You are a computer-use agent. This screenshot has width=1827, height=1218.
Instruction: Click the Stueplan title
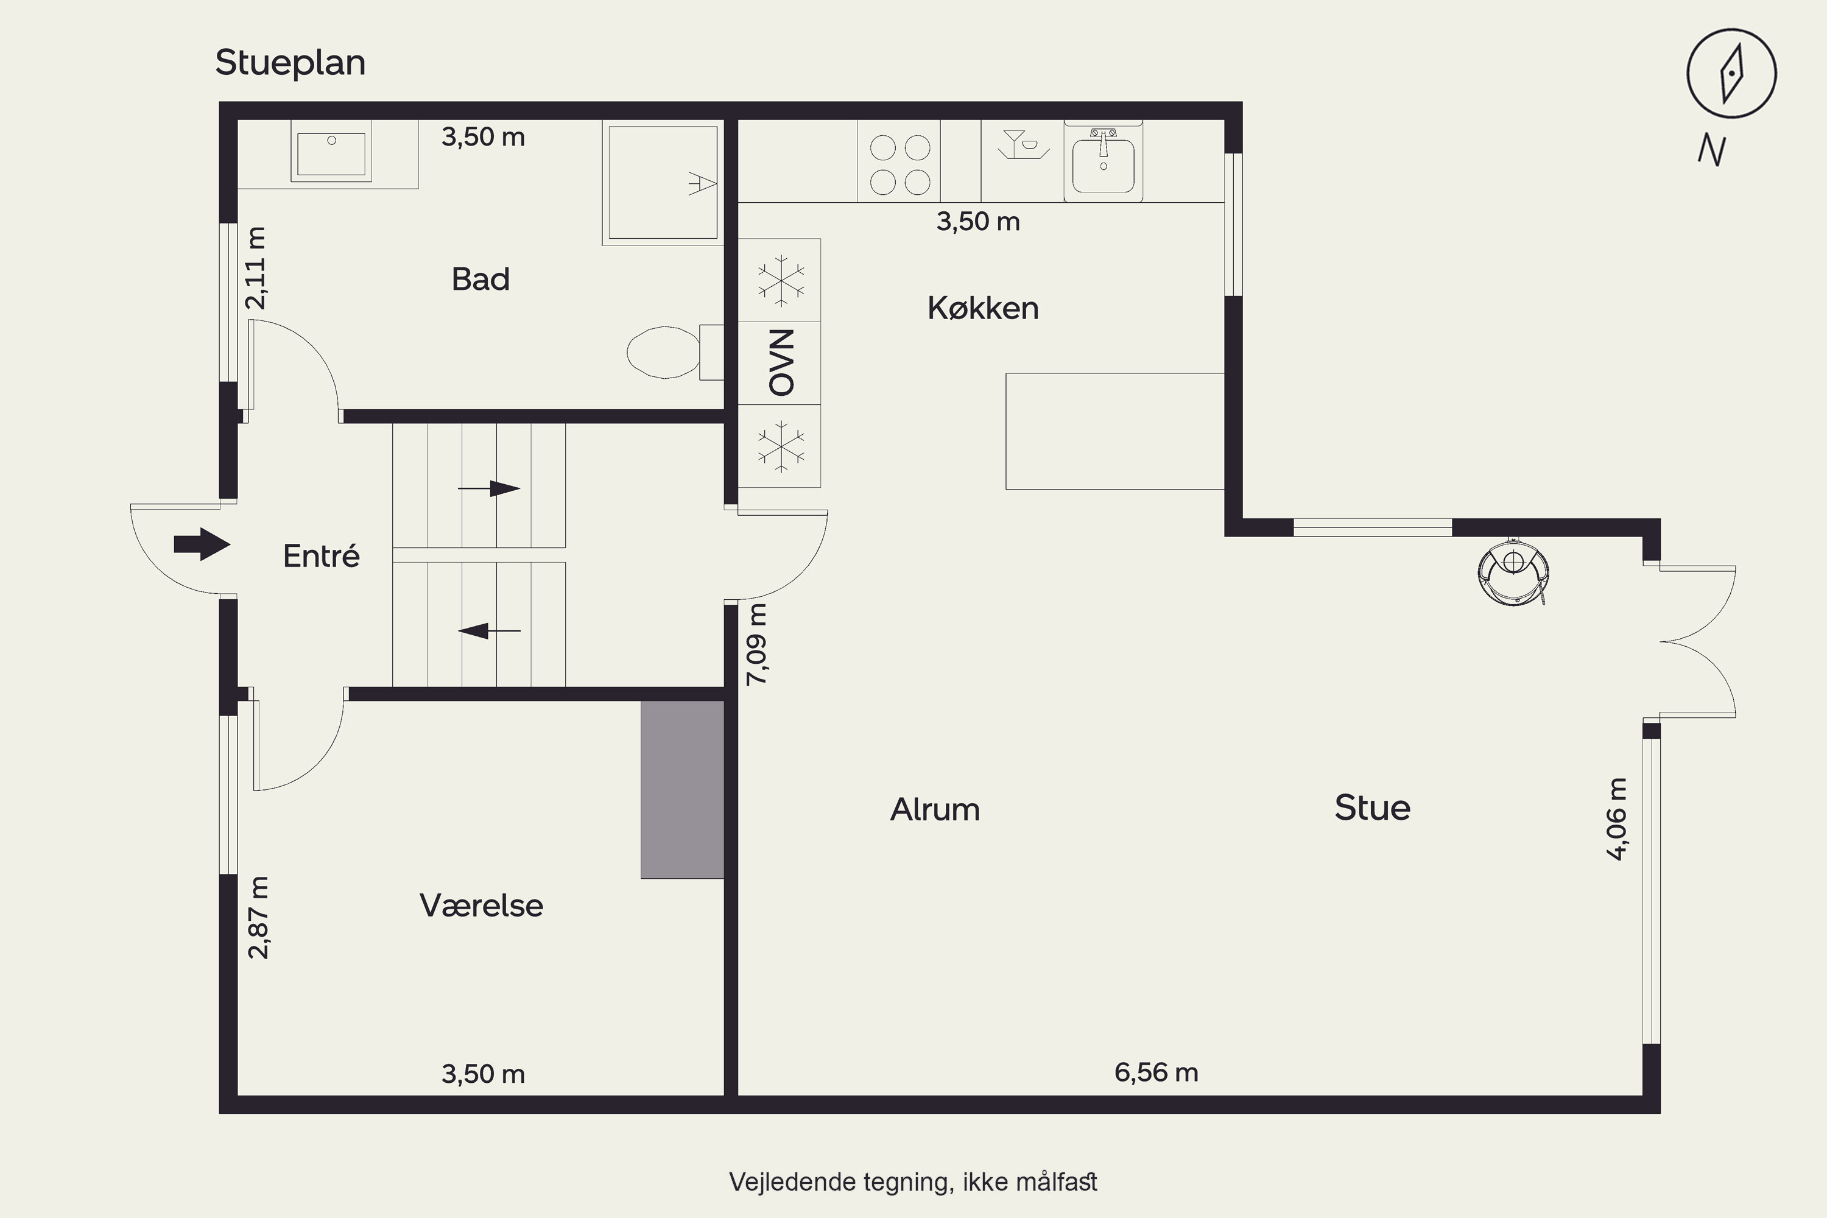[x=290, y=63]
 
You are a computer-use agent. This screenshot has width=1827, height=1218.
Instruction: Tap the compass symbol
[x=1731, y=74]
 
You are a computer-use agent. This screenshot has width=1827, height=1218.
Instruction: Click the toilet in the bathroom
[x=674, y=352]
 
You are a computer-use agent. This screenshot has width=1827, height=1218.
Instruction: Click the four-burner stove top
[x=899, y=161]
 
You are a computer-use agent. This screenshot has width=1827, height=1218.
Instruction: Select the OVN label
[x=781, y=363]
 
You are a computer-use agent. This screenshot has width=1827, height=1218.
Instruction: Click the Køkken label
[x=983, y=308]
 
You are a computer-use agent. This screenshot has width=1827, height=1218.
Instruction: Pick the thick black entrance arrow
[x=202, y=544]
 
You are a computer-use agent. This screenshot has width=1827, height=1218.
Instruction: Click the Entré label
[x=321, y=556]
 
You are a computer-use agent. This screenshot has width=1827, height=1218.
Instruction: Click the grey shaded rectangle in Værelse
[x=682, y=790]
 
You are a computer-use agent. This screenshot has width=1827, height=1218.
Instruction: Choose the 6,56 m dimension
[x=1156, y=1072]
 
